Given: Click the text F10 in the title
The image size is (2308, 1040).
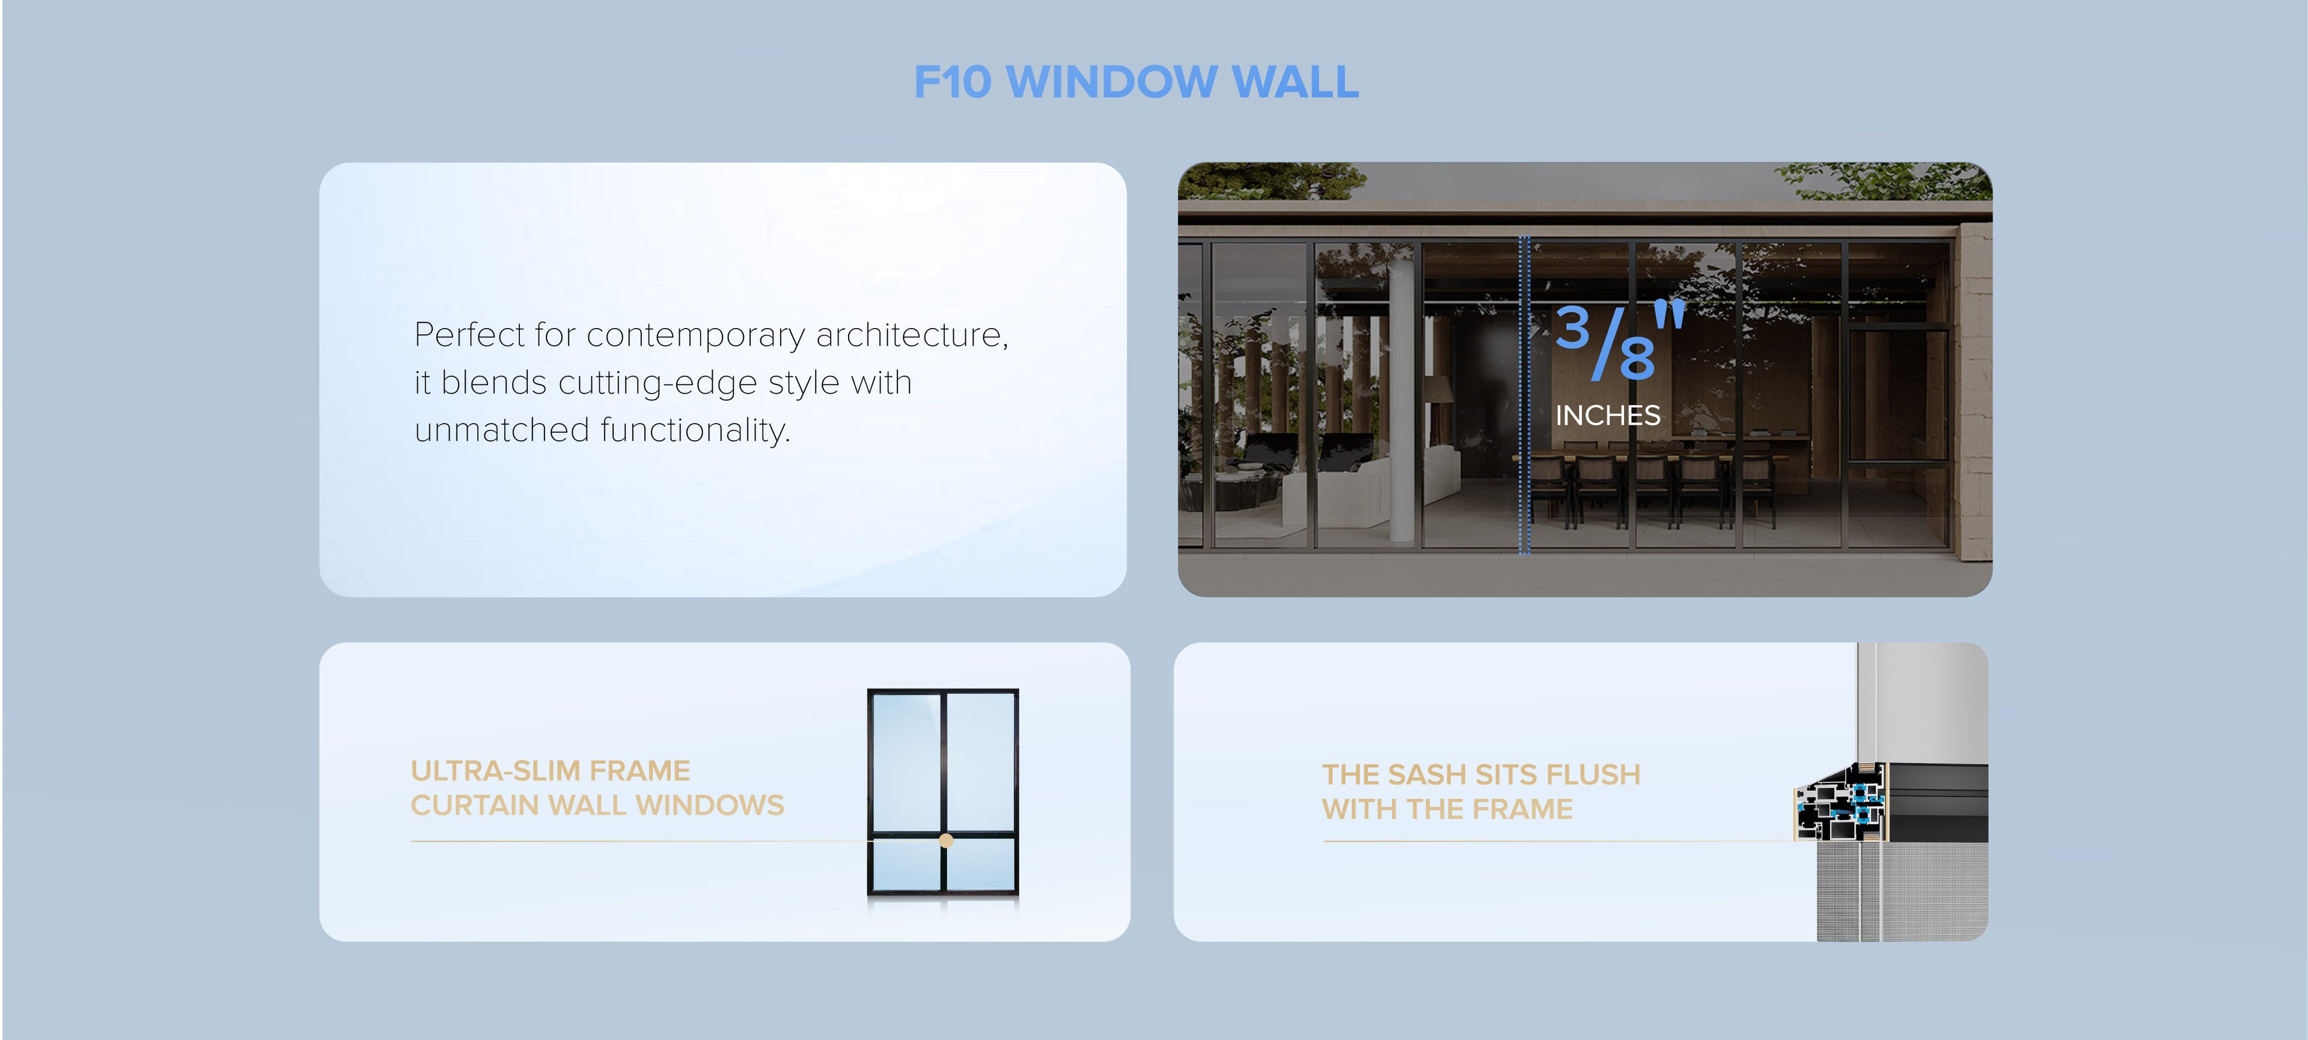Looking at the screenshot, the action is click(953, 82).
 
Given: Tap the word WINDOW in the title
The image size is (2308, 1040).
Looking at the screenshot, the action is click(1111, 82).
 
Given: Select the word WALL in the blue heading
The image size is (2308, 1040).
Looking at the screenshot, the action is click(1296, 82).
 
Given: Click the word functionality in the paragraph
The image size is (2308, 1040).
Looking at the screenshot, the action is click(694, 431).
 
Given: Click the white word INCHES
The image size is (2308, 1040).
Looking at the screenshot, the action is click(1607, 416).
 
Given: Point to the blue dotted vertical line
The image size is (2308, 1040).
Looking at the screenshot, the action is click(1524, 394).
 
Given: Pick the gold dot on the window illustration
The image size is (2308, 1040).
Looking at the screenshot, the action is click(946, 841).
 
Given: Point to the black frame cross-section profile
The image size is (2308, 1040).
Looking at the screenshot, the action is click(1846, 801).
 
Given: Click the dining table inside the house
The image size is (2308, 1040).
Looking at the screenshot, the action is click(1658, 448).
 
